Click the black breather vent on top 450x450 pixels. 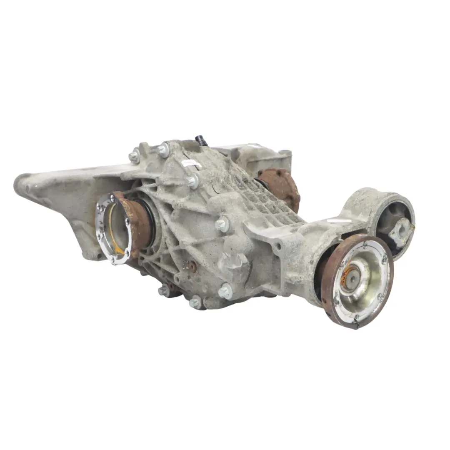click(202, 140)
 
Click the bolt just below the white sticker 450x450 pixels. click(192, 181)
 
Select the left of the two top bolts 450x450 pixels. click(134, 156)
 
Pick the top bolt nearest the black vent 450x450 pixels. click(163, 149)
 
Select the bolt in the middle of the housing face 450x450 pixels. click(222, 225)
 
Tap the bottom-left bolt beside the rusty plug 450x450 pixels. click(164, 290)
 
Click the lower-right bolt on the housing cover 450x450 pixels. click(225, 291)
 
